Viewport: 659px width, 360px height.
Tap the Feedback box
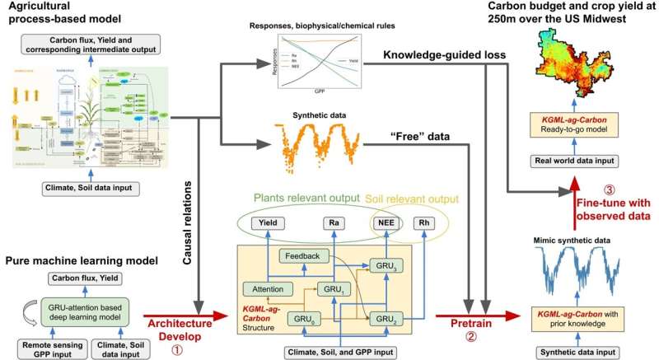303,256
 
